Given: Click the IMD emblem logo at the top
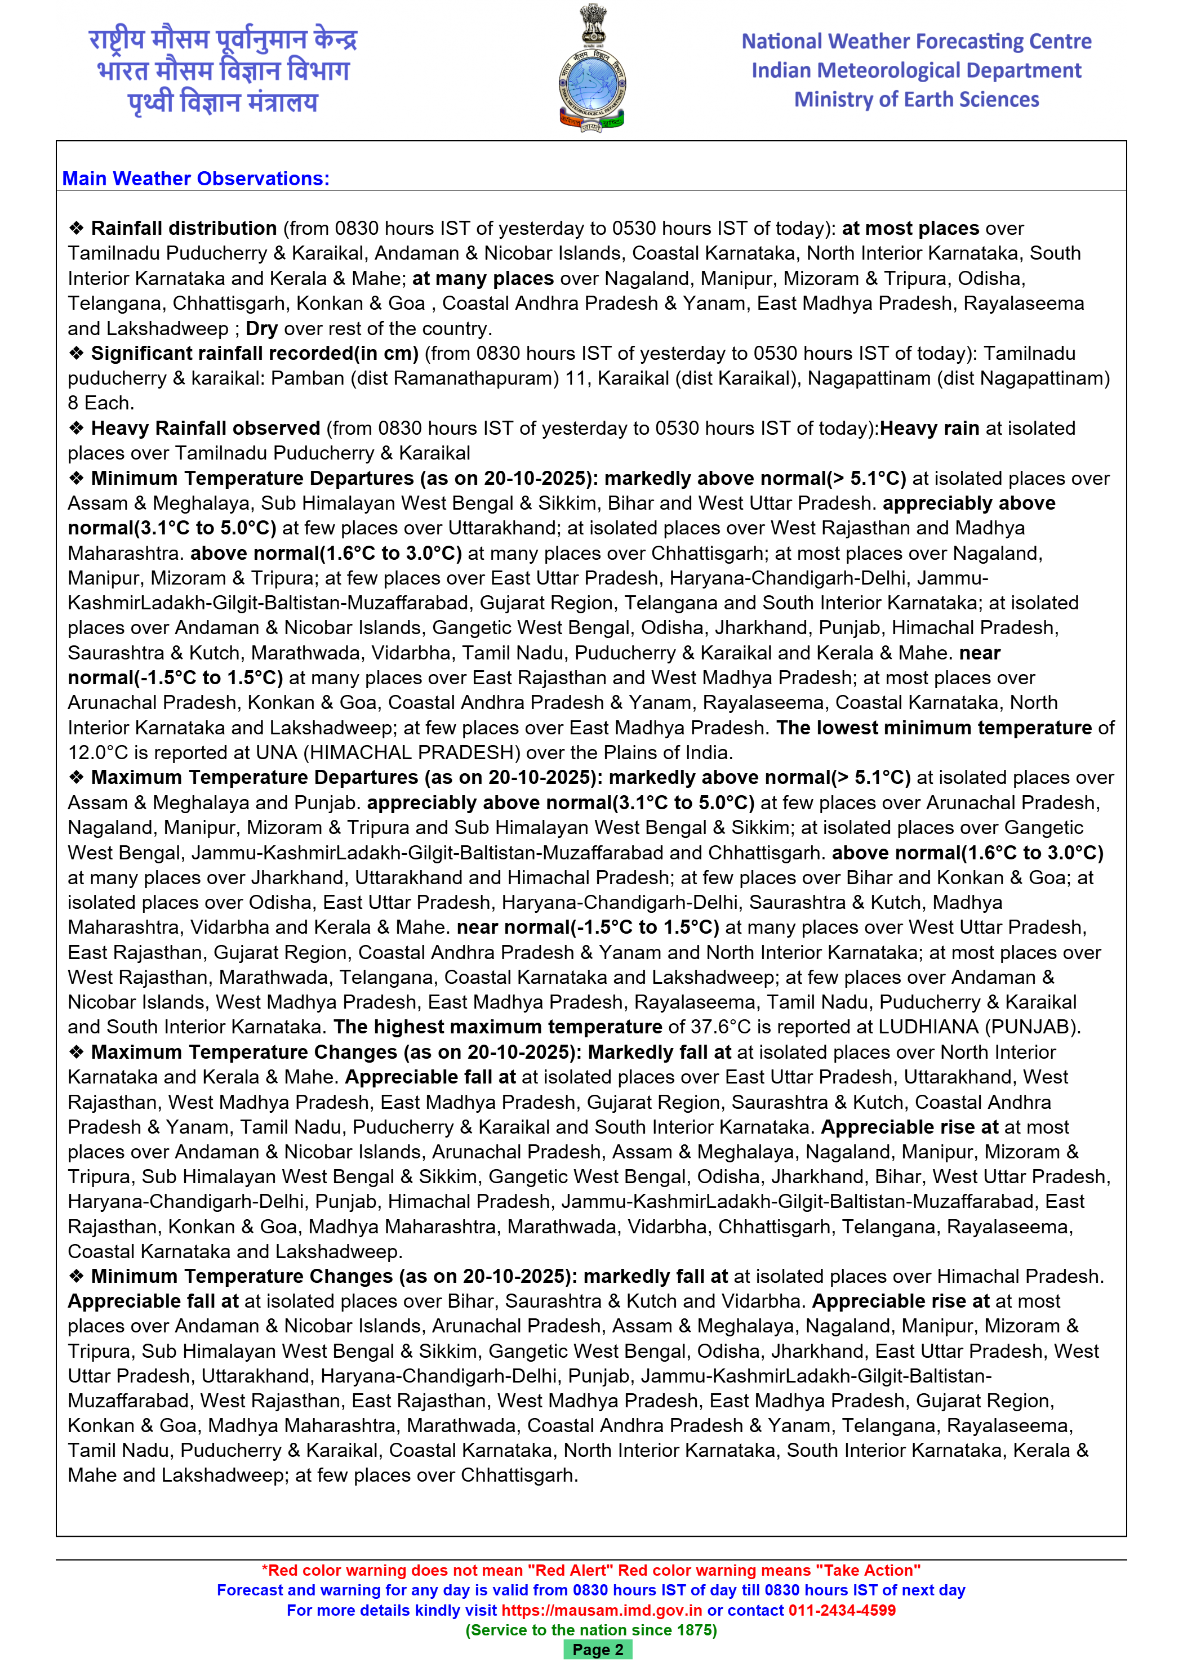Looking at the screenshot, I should point(591,69).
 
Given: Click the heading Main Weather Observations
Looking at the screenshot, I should point(195,179).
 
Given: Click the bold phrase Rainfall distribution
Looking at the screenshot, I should point(184,228).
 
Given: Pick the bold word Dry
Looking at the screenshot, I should point(261,328).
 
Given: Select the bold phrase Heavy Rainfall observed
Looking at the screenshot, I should point(206,428).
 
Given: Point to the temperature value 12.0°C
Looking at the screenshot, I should point(97,752).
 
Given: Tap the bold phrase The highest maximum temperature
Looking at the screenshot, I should point(497,1027).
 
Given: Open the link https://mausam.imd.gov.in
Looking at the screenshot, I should point(601,1610).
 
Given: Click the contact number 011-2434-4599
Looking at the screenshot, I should point(842,1610).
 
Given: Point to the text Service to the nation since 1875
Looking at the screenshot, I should point(591,1630).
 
